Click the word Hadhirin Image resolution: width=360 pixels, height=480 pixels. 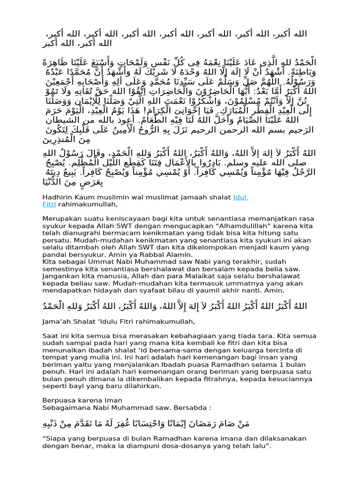tap(56, 197)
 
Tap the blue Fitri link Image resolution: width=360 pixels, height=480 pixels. tap(49, 204)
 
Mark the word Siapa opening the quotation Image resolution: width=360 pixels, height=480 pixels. tap(55, 439)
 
